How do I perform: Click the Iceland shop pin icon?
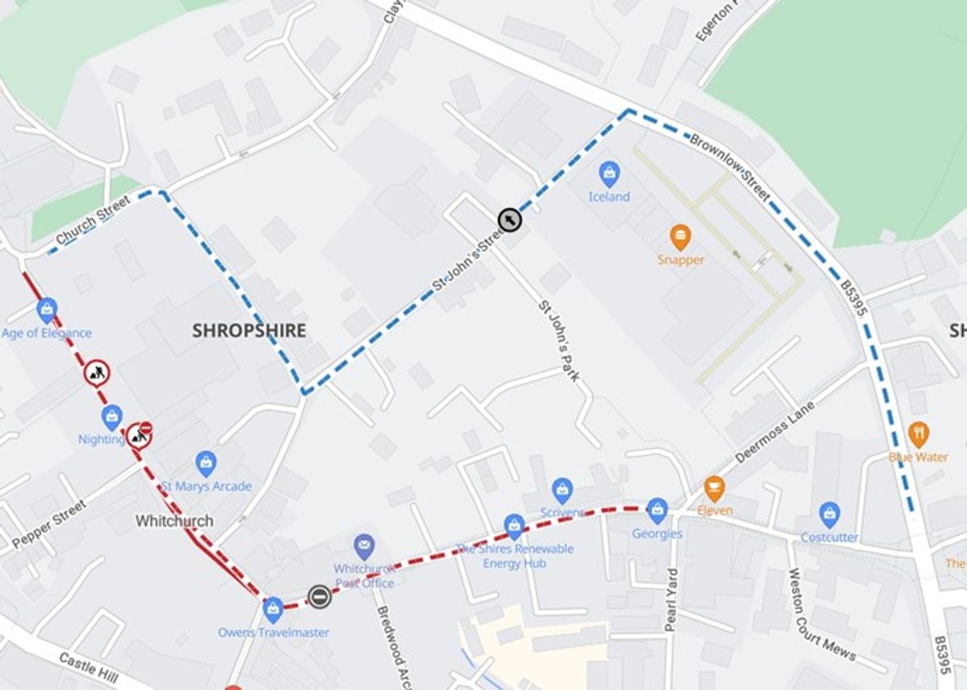click(x=609, y=173)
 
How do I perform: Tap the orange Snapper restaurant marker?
click(x=680, y=237)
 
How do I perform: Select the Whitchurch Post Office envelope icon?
click(x=364, y=547)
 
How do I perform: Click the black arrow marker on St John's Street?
click(x=509, y=219)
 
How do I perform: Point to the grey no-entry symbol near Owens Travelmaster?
click(x=319, y=596)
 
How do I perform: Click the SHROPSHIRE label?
click(x=249, y=330)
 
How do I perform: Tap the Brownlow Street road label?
click(x=729, y=168)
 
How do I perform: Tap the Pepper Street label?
click(x=49, y=524)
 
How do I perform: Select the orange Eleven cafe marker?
click(x=714, y=488)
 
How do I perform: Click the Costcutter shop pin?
click(x=829, y=514)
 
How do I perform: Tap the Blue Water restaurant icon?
click(x=919, y=435)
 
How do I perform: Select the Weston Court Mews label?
click(x=821, y=614)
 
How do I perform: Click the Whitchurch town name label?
click(x=174, y=522)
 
